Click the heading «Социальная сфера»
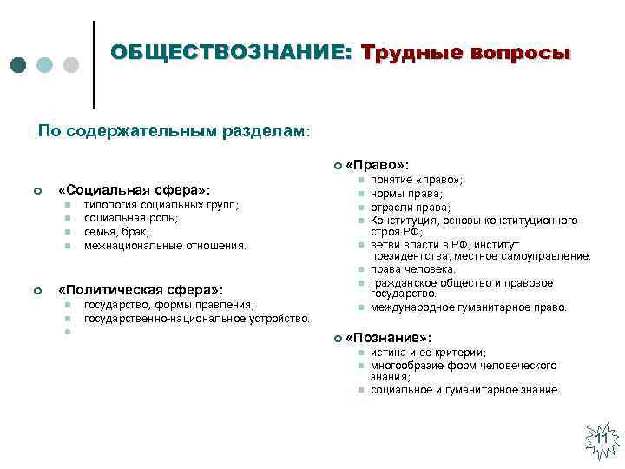pos(134,189)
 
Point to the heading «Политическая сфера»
pos(140,290)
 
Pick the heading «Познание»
pos(388,337)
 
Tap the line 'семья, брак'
pos(116,232)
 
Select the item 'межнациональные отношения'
pos(165,246)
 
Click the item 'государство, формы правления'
pos(168,305)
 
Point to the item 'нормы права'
pos(406,194)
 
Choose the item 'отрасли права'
pos(411,208)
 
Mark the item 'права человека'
pos(413,269)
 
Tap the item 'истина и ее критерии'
pos(428,353)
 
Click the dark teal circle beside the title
pos(19,65)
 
